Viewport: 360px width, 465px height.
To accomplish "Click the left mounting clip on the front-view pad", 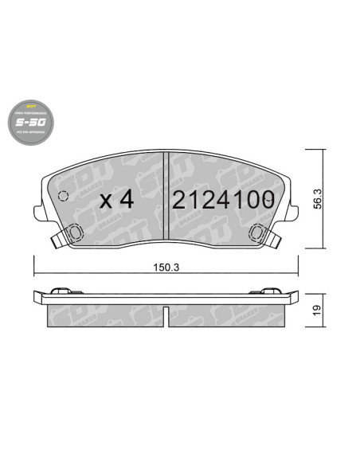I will click(72, 233).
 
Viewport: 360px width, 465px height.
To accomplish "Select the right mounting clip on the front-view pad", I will click(257, 233).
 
